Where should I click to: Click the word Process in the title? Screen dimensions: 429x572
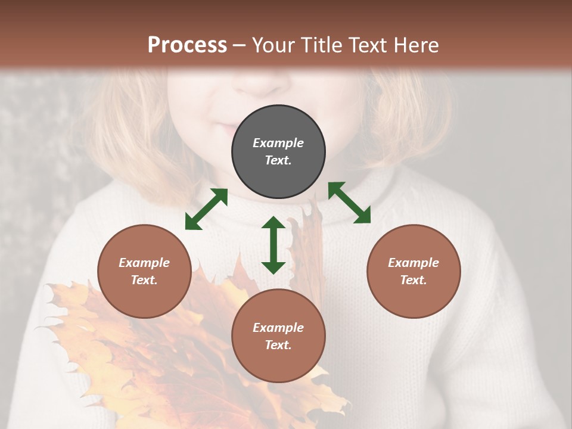tap(187, 45)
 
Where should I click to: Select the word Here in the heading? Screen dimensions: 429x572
tap(416, 45)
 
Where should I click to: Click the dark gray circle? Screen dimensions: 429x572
tap(278, 152)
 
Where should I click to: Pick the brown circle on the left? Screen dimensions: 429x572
tap(144, 272)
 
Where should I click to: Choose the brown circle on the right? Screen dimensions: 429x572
tap(414, 272)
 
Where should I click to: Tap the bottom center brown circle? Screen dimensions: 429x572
tap(278, 337)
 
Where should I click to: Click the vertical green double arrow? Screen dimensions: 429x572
tap(273, 245)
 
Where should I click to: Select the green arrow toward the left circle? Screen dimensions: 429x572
tap(206, 209)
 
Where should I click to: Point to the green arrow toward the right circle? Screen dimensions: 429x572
tap(349, 203)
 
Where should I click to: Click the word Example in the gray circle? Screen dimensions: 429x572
tap(278, 143)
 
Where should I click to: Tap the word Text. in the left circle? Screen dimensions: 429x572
tap(144, 280)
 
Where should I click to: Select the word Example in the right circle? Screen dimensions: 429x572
tap(414, 263)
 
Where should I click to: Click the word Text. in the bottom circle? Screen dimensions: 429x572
tap(278, 345)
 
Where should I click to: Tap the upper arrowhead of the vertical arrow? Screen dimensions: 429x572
tap(273, 223)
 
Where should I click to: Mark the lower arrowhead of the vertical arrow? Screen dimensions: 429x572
tap(273, 268)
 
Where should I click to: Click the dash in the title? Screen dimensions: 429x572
tap(239, 45)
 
